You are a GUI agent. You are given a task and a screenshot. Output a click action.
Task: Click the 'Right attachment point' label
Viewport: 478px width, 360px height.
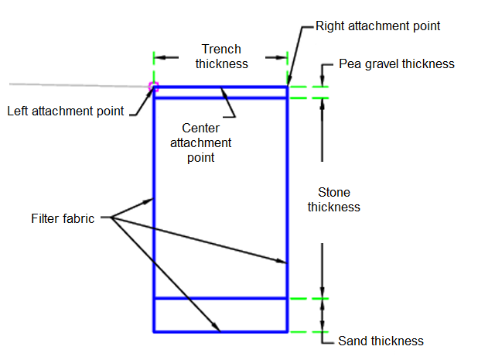[377, 26]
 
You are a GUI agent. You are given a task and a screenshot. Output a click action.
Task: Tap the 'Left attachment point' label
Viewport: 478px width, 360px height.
[65, 110]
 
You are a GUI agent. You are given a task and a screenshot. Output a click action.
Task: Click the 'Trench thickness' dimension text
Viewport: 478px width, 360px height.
[221, 56]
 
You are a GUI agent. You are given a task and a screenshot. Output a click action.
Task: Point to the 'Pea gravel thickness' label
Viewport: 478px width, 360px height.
[396, 63]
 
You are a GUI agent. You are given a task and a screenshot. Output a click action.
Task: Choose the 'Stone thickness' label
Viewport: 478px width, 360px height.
[334, 199]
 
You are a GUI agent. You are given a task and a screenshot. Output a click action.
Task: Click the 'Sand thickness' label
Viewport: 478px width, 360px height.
[381, 341]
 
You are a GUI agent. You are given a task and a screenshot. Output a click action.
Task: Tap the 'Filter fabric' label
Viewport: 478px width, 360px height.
[63, 218]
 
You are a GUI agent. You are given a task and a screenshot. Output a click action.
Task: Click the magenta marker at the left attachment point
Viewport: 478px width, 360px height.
[153, 87]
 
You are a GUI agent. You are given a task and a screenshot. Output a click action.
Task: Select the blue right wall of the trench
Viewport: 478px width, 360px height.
[287, 194]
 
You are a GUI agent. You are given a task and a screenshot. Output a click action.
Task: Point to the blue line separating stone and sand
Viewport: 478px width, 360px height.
[220, 298]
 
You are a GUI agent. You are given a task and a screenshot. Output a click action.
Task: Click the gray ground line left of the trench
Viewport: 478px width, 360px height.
[77, 84]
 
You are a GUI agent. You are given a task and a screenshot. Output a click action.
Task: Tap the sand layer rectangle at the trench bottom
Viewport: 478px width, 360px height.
[220, 315]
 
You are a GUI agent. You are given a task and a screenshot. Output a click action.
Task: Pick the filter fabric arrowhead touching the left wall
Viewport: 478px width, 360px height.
[149, 201]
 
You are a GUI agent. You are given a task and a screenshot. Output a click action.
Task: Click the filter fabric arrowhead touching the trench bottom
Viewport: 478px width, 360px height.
[217, 327]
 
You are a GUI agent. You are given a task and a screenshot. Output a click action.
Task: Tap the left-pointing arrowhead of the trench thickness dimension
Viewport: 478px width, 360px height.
[159, 57]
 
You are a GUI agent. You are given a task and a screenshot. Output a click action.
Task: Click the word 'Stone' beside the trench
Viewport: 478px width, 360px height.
[334, 192]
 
